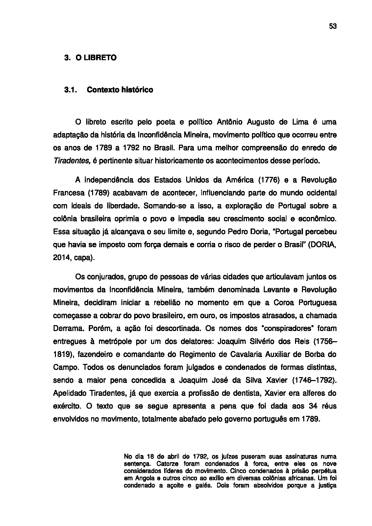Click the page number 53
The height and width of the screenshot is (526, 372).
pos(333,27)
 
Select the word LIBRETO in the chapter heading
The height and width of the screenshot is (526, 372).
pos(100,58)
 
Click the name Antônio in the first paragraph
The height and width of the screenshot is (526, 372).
pos(230,122)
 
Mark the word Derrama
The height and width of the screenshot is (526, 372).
pos(66,328)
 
